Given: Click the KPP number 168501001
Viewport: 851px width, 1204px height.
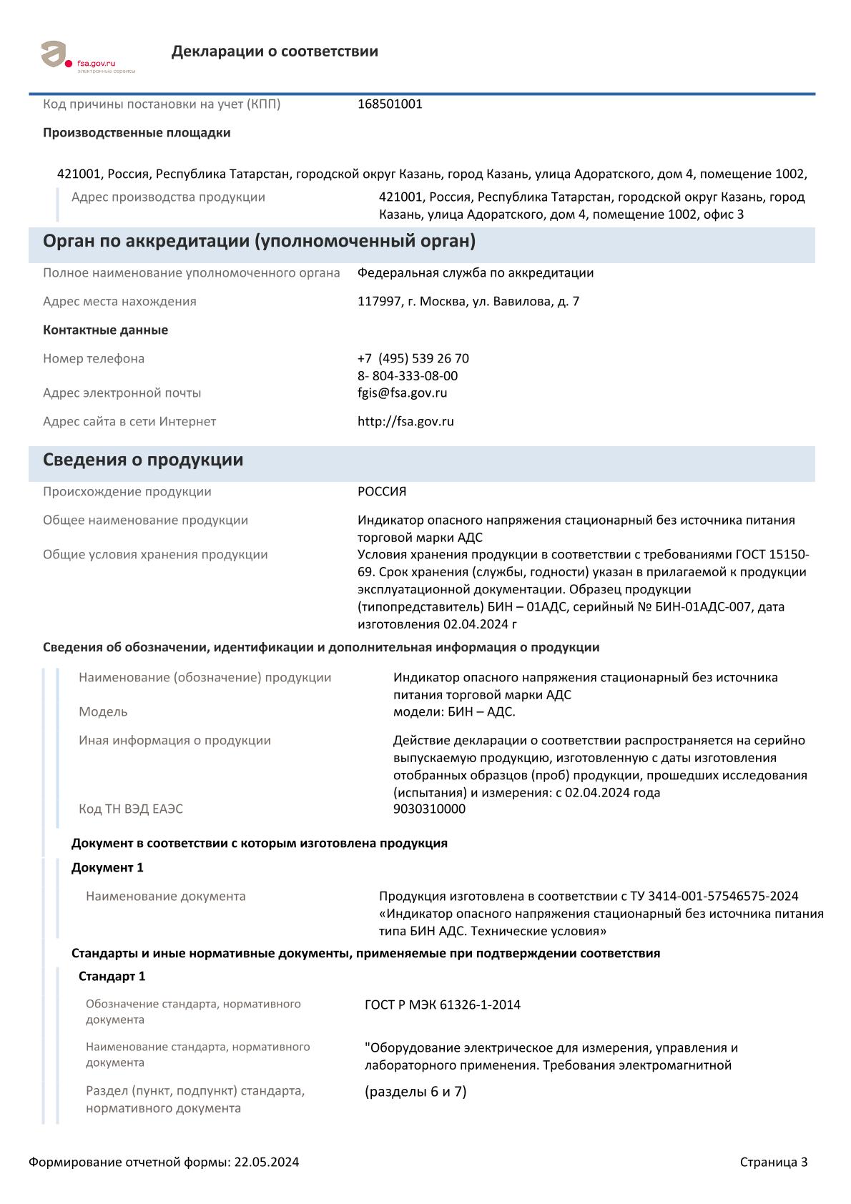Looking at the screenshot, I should coord(390,104).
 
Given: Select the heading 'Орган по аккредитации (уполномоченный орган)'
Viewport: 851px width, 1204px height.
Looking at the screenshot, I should coord(259,242).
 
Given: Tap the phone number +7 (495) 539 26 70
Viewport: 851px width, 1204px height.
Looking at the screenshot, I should coord(413,358).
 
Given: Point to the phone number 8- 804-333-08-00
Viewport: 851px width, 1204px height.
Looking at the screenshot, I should coord(408,376).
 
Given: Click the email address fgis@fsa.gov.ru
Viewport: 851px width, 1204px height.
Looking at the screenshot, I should coord(402,393).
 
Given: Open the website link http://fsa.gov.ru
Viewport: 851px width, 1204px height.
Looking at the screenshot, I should coord(405,421).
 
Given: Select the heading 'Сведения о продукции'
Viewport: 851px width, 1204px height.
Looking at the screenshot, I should coord(143,460).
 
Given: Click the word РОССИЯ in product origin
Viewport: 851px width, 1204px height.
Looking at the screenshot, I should coord(382,492).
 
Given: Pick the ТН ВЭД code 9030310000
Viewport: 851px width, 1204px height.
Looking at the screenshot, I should coord(429,809).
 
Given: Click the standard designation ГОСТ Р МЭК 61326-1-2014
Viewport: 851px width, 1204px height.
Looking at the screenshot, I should coord(443,1005).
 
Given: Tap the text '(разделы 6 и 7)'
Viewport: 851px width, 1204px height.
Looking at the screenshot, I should coord(415,1092).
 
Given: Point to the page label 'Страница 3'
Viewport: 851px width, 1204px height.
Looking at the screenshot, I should coord(774,1162).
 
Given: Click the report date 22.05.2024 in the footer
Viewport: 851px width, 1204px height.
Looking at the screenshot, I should coord(266,1162).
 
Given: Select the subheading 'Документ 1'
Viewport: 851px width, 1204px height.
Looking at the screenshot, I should coord(107,868).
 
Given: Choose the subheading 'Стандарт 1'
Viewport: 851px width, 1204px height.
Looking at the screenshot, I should coord(112,977).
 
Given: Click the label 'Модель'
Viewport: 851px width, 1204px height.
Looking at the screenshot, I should coord(103,712).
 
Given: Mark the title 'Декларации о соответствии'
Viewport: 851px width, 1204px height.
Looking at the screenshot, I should coord(275,51).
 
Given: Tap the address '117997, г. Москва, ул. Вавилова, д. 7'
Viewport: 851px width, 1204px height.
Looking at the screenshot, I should coord(468,302).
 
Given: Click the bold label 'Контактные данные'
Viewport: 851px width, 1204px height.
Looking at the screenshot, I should coord(105,330).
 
